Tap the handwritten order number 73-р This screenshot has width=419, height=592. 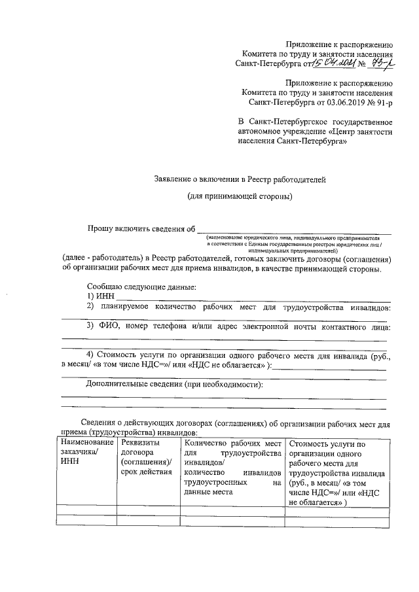click(x=379, y=63)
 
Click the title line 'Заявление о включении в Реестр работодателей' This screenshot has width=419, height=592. click(x=239, y=179)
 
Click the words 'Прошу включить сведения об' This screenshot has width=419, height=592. click(x=142, y=228)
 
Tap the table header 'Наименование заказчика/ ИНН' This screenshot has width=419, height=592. click(x=84, y=453)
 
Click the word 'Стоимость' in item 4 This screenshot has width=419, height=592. click(x=118, y=355)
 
